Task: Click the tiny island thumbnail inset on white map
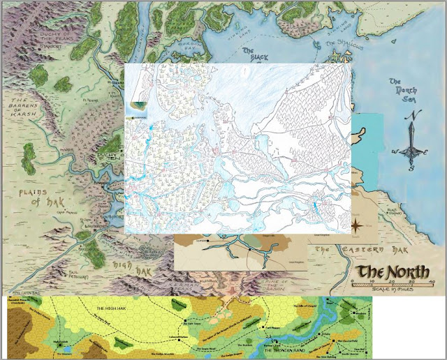click(x=140, y=107)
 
